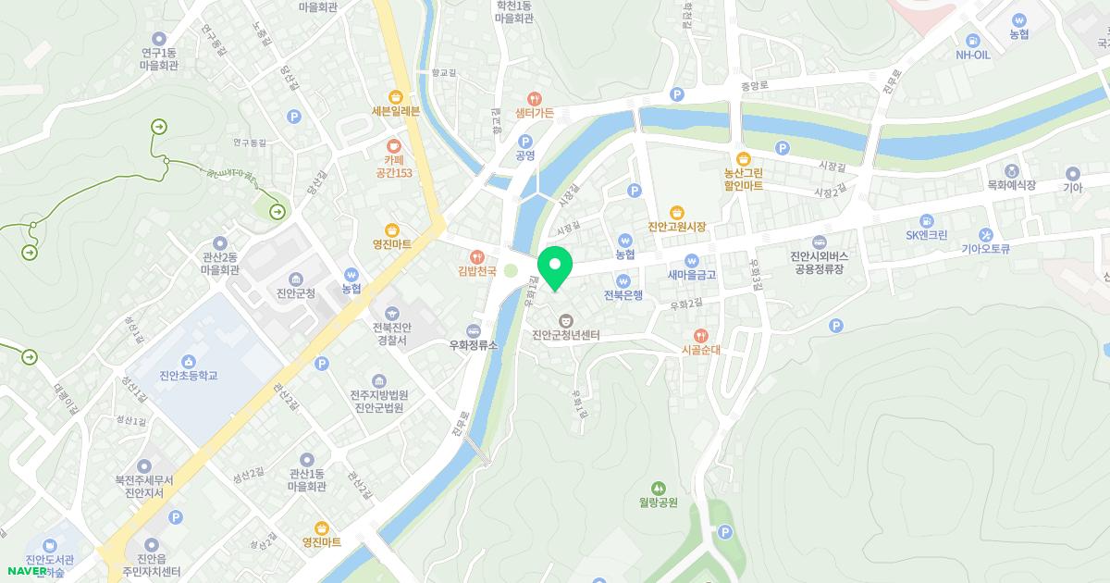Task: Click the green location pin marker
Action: (555, 267)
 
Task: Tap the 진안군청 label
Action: (296, 293)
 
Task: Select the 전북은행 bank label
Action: (623, 295)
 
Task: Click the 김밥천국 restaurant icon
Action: (477, 256)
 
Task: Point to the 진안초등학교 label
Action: (188, 376)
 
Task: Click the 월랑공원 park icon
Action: (659, 487)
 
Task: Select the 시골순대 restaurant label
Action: (700, 351)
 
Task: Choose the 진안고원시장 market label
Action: (677, 227)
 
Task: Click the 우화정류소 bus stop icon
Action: (474, 330)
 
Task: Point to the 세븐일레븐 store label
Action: (396, 111)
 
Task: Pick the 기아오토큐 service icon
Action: (987, 234)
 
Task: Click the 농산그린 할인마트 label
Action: (743, 179)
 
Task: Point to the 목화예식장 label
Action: (1011, 185)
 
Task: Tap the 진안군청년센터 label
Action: (566, 335)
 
